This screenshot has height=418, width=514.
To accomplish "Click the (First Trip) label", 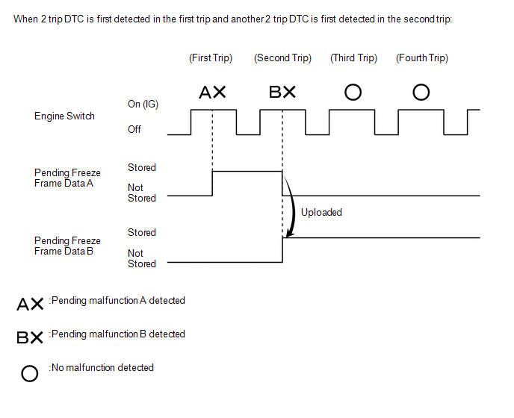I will [x=211, y=58].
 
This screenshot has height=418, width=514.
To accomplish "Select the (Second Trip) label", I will [x=282, y=58].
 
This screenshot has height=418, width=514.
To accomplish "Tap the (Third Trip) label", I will [x=353, y=58].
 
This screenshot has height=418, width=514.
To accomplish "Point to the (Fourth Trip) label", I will [x=422, y=58].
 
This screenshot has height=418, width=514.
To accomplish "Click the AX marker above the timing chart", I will [x=212, y=93].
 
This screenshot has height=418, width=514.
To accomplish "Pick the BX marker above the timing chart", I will [x=282, y=93].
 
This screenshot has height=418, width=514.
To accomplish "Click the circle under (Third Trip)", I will [x=353, y=93].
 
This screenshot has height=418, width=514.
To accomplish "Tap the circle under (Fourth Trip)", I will [x=421, y=93].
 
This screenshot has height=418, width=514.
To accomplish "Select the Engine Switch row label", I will [x=64, y=116].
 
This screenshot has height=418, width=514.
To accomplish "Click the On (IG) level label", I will [x=143, y=104].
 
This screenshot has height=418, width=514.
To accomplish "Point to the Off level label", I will [x=134, y=129].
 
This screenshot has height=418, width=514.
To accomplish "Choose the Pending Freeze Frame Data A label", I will [x=67, y=178].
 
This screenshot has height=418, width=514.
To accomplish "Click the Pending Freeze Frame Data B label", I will [x=67, y=246].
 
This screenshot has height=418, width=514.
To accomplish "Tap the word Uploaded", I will [x=321, y=213].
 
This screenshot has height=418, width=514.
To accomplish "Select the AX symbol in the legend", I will [x=30, y=305].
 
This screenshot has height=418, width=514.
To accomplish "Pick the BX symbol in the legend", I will [x=30, y=337].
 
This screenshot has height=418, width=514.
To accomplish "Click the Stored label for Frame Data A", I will [x=142, y=168].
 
